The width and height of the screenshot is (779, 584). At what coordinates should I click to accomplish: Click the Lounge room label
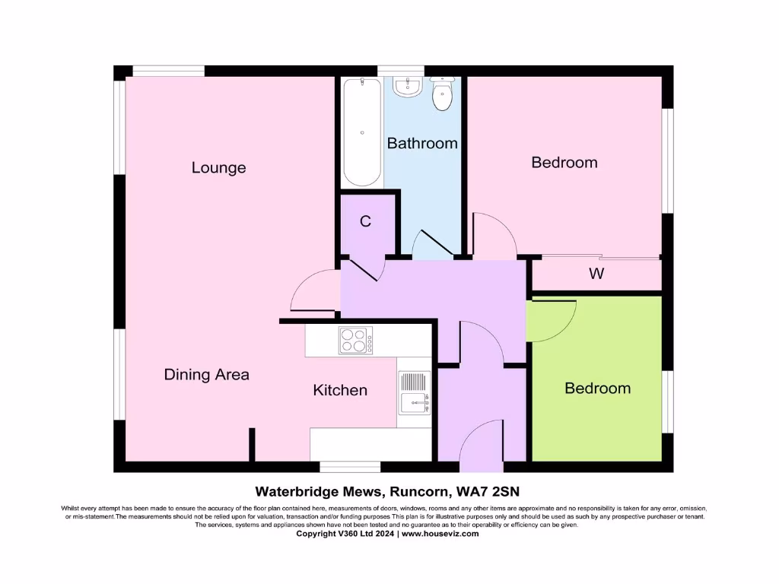(218, 167)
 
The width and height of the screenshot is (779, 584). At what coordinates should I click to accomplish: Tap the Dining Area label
(206, 374)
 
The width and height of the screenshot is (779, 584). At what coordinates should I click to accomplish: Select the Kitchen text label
(340, 390)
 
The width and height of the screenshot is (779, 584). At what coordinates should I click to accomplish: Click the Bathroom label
(422, 143)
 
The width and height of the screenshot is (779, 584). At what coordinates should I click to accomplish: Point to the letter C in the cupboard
(365, 222)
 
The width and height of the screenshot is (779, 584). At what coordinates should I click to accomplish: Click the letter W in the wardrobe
(596, 274)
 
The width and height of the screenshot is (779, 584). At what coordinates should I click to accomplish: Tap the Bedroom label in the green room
(597, 388)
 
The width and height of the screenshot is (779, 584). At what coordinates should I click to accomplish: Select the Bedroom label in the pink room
(564, 162)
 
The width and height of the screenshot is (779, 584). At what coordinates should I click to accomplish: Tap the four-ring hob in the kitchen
(355, 341)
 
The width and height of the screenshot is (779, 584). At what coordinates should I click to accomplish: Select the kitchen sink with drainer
(415, 393)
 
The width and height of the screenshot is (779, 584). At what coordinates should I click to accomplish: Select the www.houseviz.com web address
(440, 534)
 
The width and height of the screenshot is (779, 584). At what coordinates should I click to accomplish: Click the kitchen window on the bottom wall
(349, 466)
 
